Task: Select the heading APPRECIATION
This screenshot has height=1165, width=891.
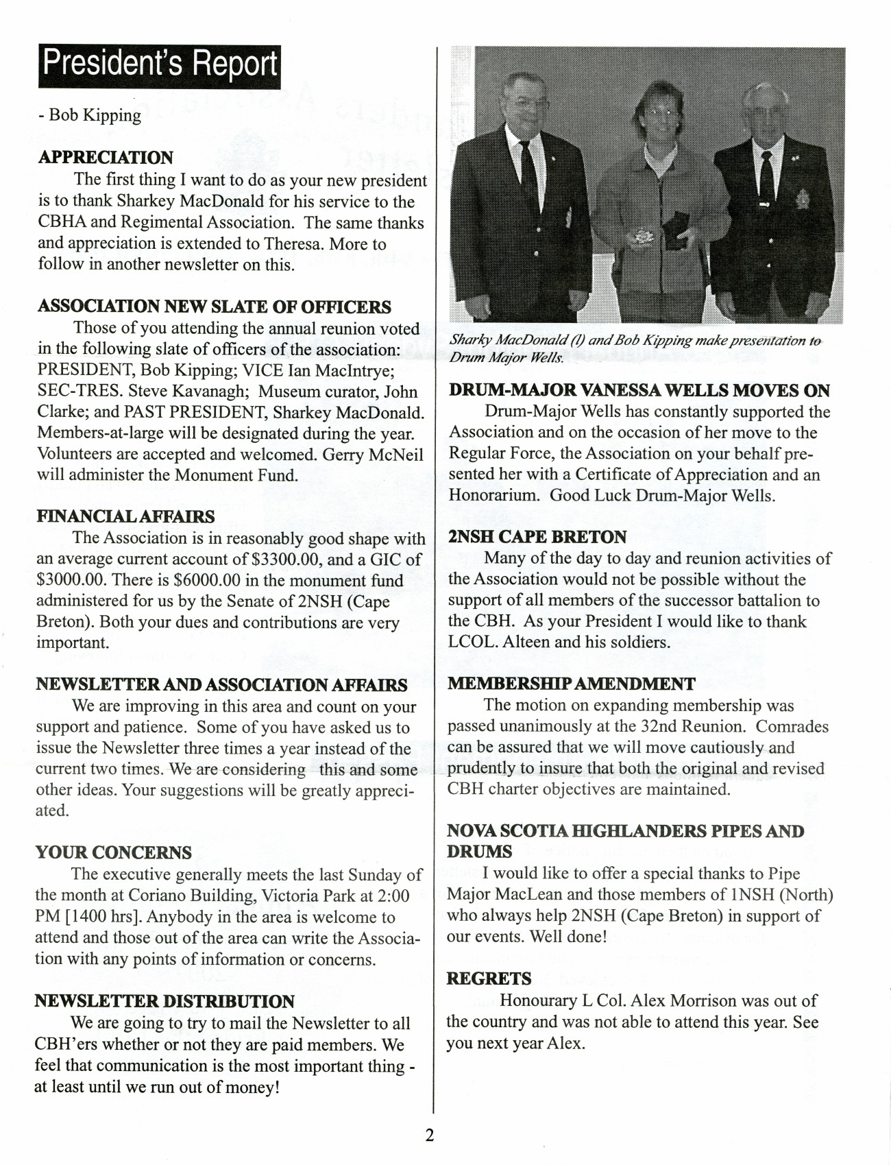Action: [106, 157]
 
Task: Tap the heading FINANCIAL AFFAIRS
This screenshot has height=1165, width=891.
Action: [125, 516]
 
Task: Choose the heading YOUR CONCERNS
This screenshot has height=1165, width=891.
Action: [114, 852]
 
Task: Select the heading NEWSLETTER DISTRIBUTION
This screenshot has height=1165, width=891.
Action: [164, 1001]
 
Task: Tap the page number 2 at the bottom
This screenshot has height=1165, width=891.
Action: [430, 1135]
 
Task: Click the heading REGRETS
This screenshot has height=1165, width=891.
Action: [489, 978]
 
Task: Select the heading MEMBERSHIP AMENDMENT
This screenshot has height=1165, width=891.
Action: [571, 684]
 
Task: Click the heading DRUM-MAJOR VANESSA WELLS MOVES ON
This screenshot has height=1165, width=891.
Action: [639, 390]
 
